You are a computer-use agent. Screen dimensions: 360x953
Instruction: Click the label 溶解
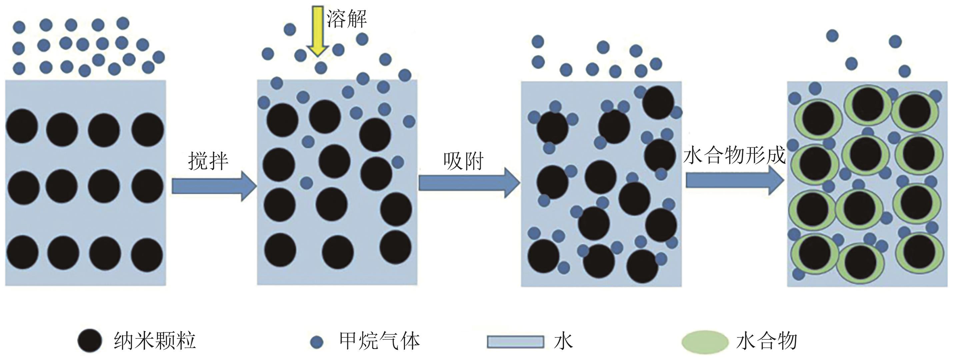(347, 18)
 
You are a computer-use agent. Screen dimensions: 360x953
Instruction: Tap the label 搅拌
(208, 161)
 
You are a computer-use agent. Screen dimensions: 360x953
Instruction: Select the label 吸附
(464, 161)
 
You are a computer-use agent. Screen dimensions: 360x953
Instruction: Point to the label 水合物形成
(734, 155)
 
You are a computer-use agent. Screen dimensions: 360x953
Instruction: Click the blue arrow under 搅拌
(214, 186)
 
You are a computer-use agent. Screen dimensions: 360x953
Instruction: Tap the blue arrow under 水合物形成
(734, 180)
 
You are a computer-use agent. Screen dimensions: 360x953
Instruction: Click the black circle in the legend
(90, 340)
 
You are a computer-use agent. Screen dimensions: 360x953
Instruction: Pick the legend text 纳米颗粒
(155, 340)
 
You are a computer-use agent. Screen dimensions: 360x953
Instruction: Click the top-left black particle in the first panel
(22, 126)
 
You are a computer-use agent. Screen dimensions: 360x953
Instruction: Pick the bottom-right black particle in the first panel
(147, 255)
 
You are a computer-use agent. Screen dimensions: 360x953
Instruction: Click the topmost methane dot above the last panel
(832, 36)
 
